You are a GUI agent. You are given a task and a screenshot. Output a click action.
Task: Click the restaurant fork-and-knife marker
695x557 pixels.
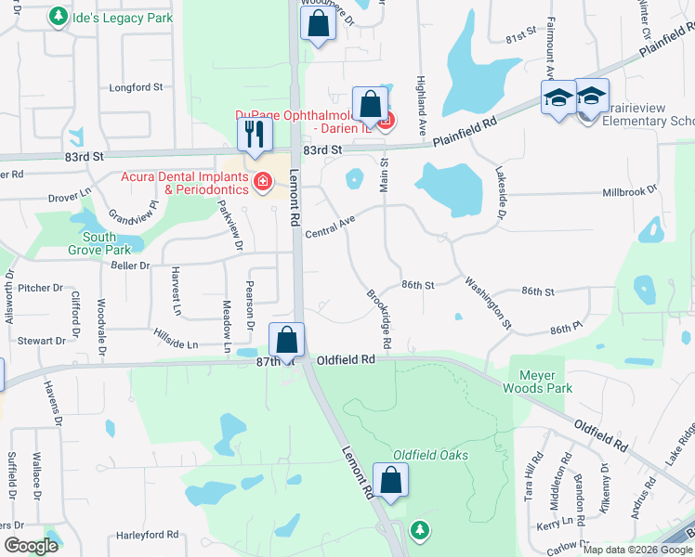[252, 136]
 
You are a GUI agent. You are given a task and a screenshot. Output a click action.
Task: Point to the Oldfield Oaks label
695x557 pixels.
[430, 455]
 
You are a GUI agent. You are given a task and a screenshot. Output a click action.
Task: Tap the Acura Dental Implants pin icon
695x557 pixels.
[263, 181]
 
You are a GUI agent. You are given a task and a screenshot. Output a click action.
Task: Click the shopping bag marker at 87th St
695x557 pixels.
[287, 341]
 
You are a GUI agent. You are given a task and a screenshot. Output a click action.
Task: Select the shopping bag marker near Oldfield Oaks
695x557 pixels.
[391, 481]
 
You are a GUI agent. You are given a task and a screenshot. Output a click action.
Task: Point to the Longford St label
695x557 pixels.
[137, 88]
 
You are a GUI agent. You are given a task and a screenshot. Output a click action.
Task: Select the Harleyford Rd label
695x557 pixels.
[147, 535]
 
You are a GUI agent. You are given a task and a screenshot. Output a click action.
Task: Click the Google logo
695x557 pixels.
[31, 546]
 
